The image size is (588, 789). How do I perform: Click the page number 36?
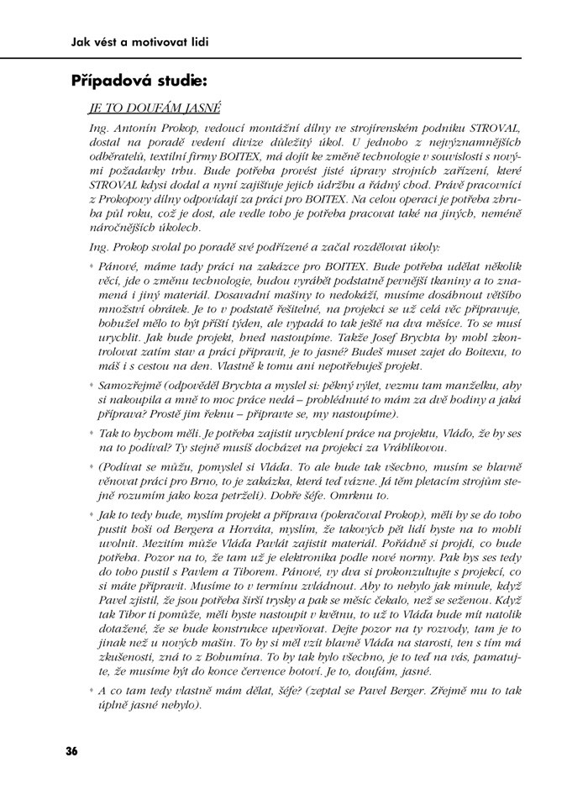click(71, 750)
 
